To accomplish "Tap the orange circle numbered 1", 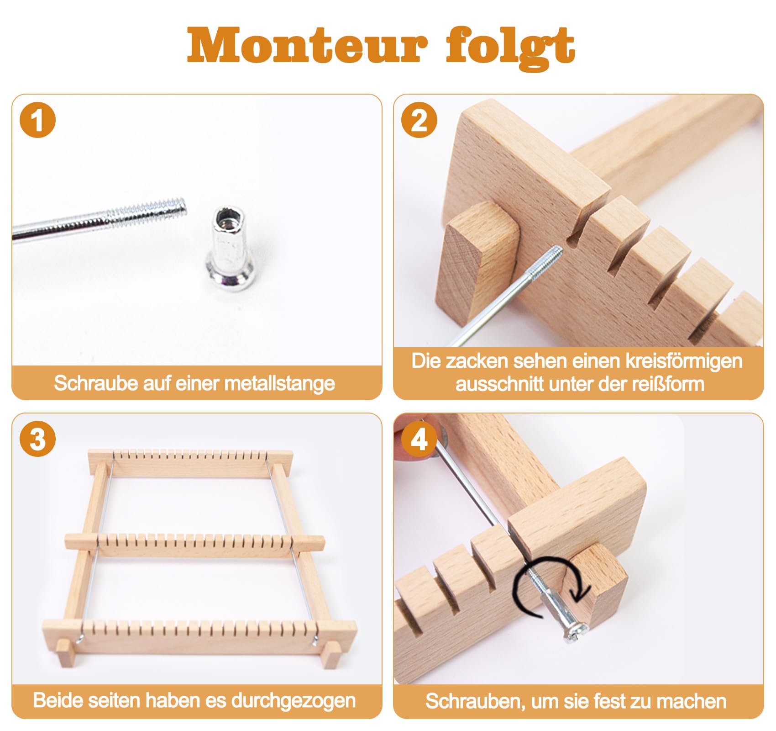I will point(38,121).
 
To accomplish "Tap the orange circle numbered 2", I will point(419,121).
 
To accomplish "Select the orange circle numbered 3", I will point(38,439).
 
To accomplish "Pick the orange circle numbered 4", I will point(419,439).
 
